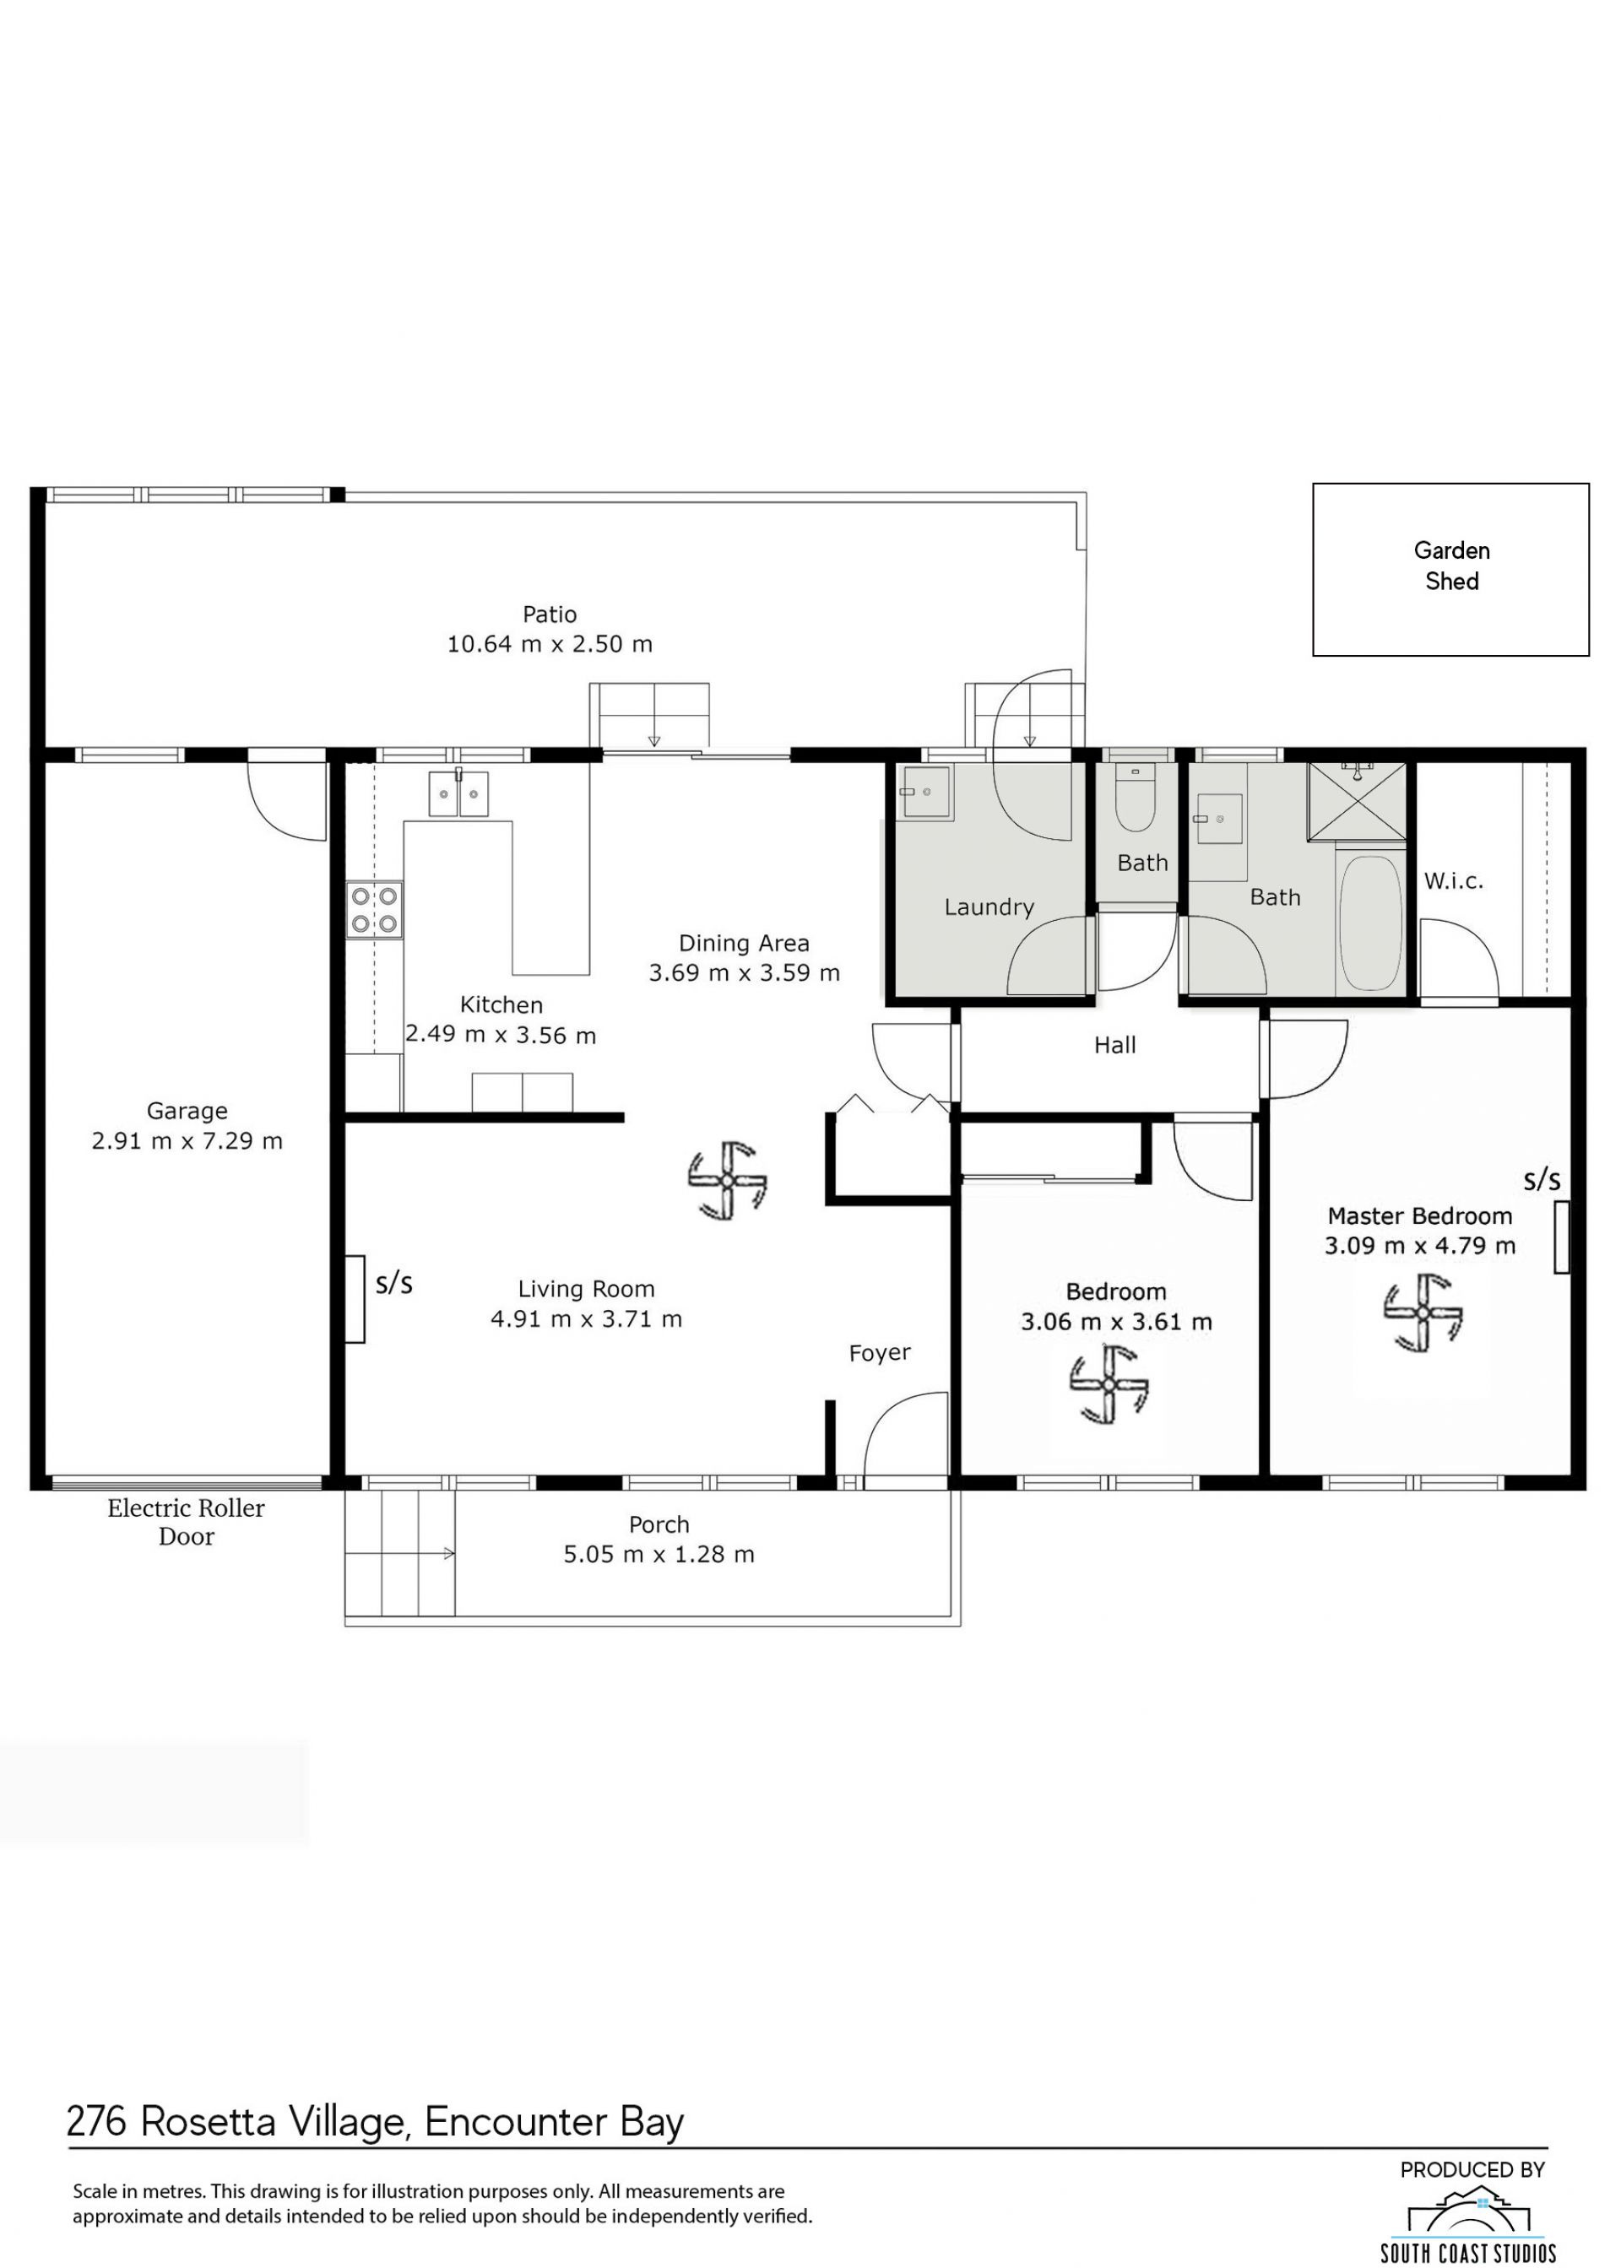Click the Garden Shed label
1451,566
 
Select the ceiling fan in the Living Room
728,1180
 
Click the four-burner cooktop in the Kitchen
374,911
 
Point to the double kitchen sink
458,793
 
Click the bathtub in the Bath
1370,923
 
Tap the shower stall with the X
1357,801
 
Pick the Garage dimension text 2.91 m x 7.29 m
187,1140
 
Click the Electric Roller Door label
187,1522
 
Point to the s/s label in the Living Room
394,1283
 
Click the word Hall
1115,1045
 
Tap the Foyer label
880,1353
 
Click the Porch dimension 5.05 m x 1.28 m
659,1555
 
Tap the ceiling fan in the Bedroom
1109,1384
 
